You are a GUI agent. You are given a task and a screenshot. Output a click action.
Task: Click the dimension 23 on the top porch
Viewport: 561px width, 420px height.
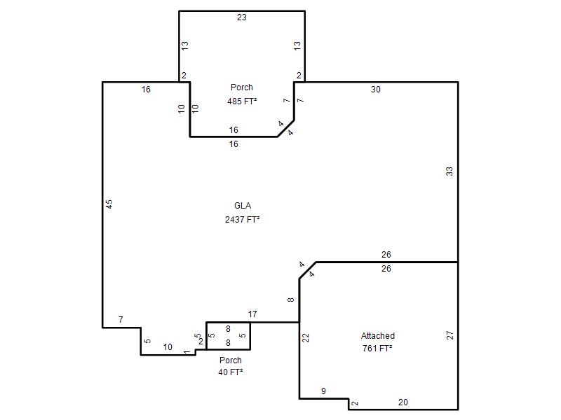(x=241, y=17)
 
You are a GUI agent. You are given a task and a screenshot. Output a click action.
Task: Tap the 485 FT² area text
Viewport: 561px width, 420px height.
(x=242, y=101)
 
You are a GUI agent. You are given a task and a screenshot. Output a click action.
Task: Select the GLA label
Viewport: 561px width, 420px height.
(x=243, y=206)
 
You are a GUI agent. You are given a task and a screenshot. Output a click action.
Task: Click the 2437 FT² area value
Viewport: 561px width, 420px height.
(x=242, y=219)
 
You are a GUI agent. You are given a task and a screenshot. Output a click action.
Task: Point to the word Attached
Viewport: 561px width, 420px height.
(x=378, y=336)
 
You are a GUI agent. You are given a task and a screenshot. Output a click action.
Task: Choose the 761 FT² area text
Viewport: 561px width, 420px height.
(x=377, y=348)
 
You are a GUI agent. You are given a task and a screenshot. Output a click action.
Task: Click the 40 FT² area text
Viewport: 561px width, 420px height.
(x=231, y=372)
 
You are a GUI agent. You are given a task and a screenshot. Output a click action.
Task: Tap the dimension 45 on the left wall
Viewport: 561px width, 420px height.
(x=109, y=204)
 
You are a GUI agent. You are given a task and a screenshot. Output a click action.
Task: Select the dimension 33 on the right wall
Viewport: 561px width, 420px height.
(x=450, y=171)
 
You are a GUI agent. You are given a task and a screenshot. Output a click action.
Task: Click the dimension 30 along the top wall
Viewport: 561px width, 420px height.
(x=375, y=90)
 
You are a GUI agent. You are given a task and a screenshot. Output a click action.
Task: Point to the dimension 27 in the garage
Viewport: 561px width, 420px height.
(x=450, y=335)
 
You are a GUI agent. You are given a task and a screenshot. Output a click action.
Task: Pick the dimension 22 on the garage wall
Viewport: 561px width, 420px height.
(x=306, y=337)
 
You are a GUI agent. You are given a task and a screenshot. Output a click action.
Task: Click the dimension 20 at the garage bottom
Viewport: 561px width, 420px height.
(x=403, y=402)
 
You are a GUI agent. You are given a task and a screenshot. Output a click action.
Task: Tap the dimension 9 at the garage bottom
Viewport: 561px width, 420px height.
(x=323, y=391)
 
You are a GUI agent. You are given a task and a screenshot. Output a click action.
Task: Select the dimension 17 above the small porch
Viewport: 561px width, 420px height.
(x=252, y=314)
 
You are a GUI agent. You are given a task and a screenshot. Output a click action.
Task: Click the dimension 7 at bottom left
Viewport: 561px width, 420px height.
(x=121, y=320)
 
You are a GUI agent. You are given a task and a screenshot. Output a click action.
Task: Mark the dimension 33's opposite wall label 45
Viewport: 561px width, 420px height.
(x=109, y=204)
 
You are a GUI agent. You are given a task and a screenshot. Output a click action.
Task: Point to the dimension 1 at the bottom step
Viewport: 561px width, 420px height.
(x=187, y=352)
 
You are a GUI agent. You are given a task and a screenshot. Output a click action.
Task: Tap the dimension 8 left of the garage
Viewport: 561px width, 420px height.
(x=291, y=300)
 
